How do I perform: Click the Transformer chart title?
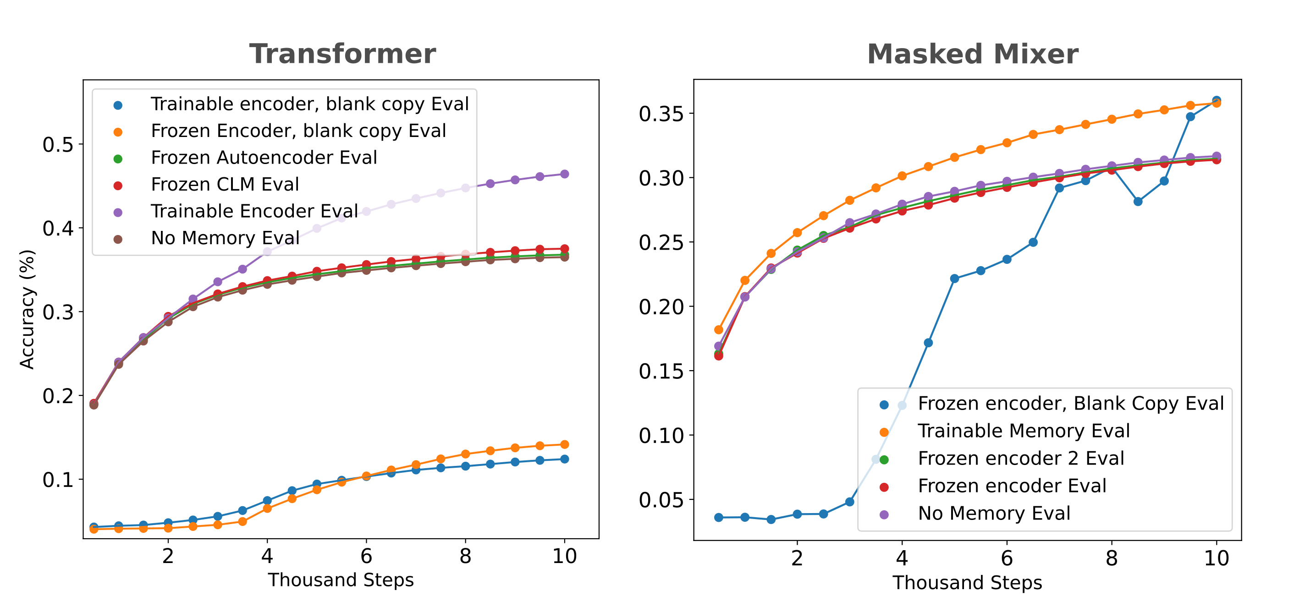click(342, 54)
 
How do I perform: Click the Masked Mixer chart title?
click(972, 54)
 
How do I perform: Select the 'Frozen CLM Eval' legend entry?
click(225, 184)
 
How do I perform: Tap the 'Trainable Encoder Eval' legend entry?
click(254, 211)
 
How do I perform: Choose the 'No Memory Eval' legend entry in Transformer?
click(225, 238)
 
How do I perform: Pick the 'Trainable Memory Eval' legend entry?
click(1024, 431)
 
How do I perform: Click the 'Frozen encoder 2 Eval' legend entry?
click(1021, 458)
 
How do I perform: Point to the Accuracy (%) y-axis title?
click(27, 309)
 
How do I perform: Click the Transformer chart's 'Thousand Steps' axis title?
click(341, 580)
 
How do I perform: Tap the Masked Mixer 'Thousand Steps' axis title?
click(967, 583)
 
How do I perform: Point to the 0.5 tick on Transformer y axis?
click(58, 145)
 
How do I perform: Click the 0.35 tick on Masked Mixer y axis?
click(661, 114)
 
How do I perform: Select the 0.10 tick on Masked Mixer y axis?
click(661, 435)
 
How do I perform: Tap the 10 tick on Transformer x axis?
click(564, 556)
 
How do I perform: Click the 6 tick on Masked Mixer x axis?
click(1007, 558)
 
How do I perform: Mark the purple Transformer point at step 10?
click(564, 174)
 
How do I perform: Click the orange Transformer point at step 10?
click(564, 444)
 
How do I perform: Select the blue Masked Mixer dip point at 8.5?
click(1138, 202)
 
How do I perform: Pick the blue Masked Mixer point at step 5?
click(954, 279)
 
